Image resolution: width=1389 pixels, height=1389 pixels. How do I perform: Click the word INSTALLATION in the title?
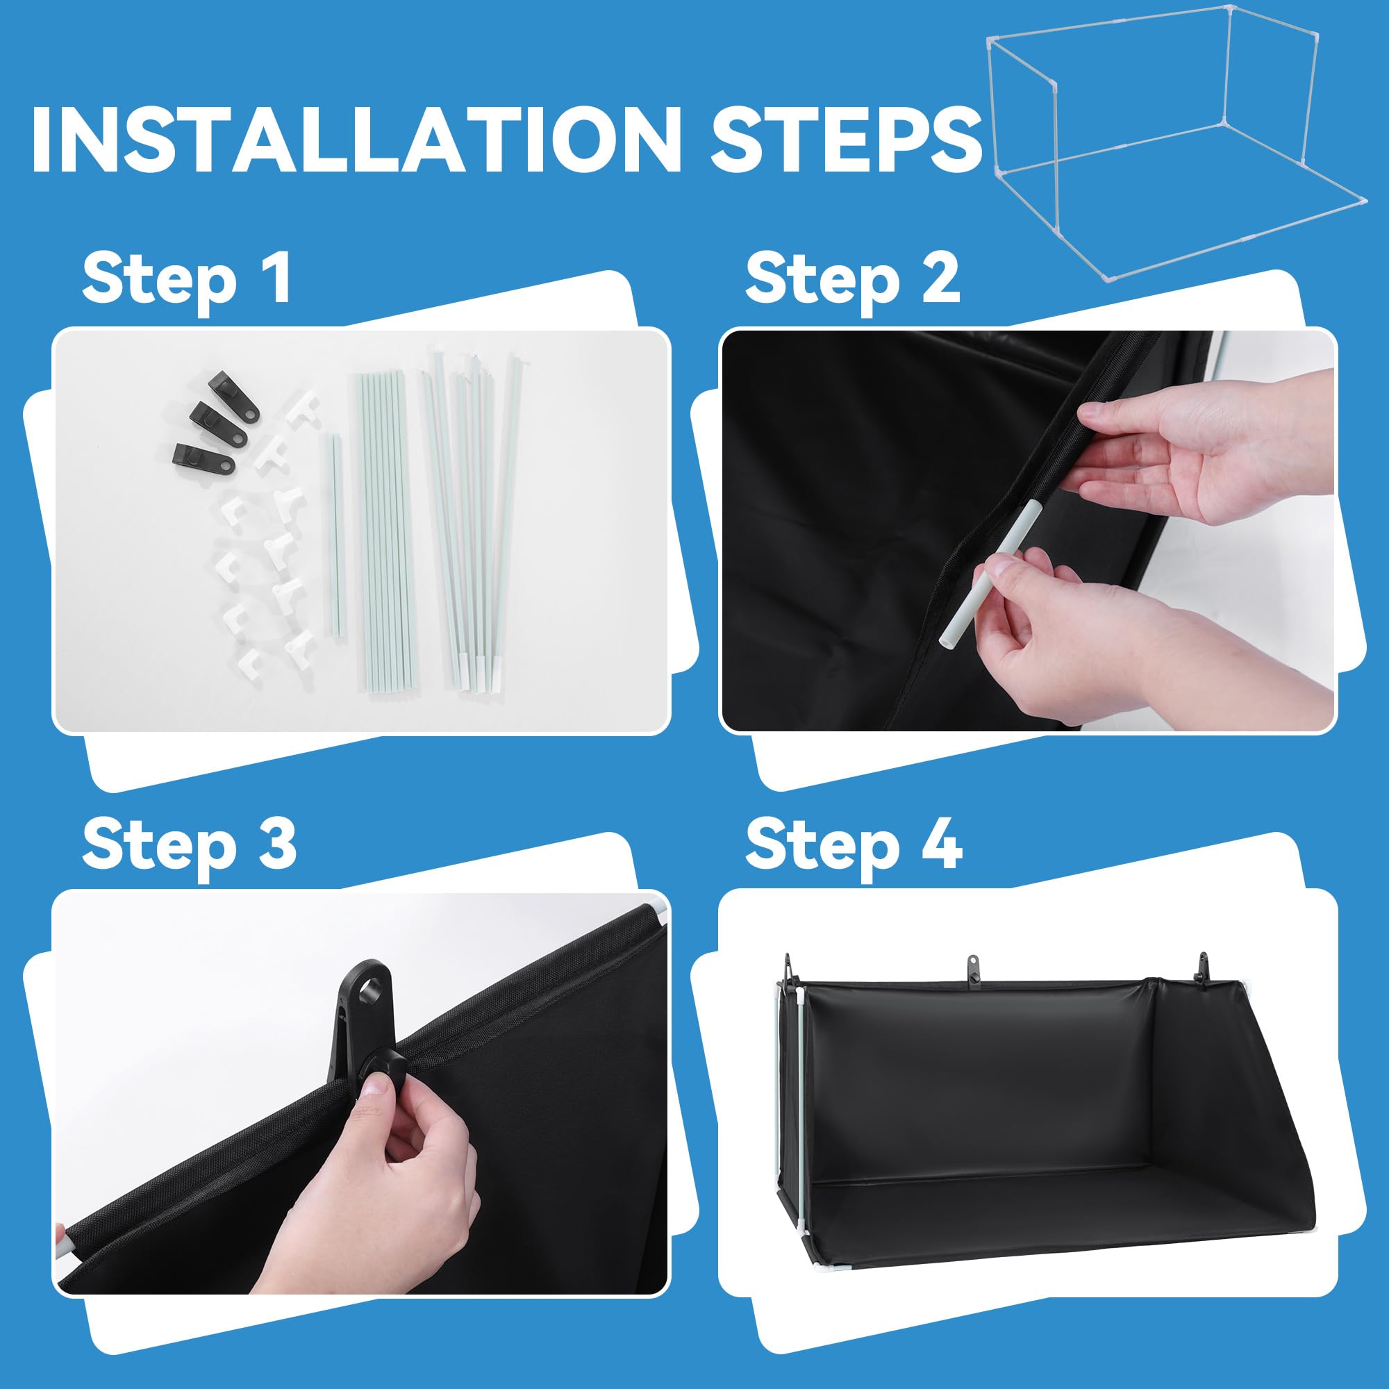click(x=355, y=140)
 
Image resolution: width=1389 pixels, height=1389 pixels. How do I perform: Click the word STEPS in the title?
click(x=846, y=140)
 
